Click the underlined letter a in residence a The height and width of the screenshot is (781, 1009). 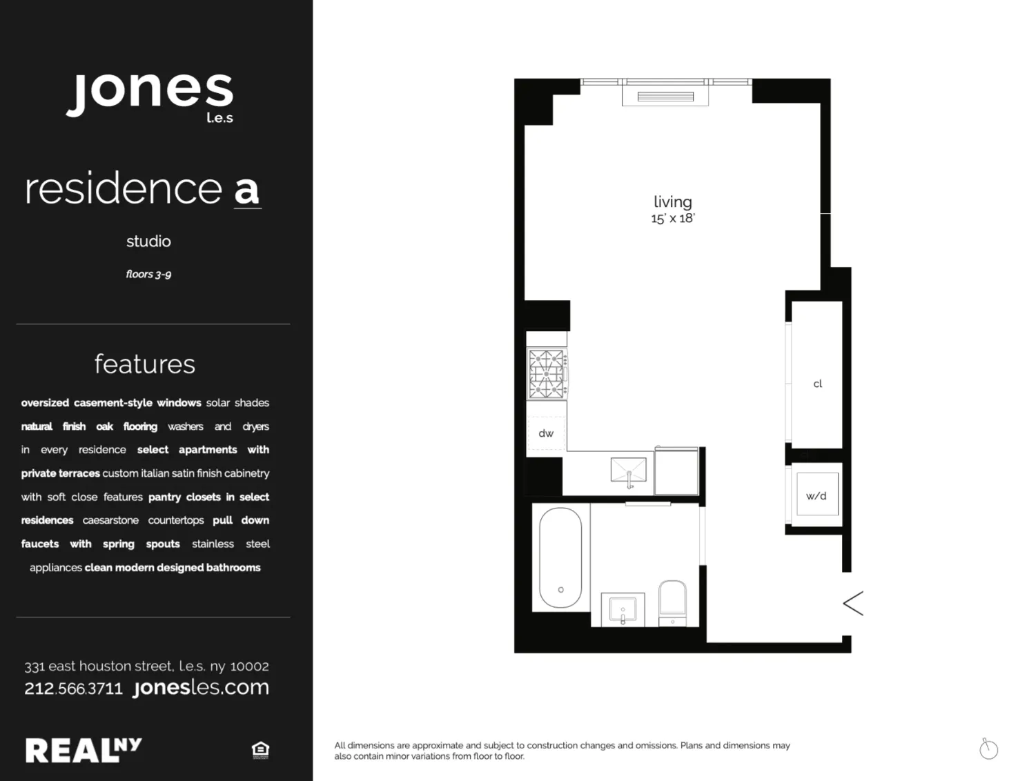click(x=247, y=190)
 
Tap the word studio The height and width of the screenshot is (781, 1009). click(x=148, y=241)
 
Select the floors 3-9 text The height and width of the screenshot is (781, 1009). click(x=148, y=274)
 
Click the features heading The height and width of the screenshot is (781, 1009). click(x=145, y=364)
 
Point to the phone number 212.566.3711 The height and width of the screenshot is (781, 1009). click(x=73, y=689)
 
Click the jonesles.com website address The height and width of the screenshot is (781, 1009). click(x=201, y=687)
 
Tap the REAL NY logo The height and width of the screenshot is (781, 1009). click(x=84, y=750)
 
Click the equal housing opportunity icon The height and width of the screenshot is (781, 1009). click(x=260, y=750)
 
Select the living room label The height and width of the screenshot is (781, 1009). click(x=672, y=201)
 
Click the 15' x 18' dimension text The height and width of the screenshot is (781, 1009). click(x=672, y=219)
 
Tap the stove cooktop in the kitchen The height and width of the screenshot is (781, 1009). click(x=547, y=374)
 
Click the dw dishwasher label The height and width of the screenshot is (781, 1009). click(x=546, y=433)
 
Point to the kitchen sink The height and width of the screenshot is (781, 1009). click(x=629, y=471)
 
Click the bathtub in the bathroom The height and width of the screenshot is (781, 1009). click(x=560, y=557)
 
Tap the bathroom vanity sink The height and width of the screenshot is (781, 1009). click(x=623, y=609)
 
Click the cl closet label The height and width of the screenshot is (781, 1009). click(x=818, y=384)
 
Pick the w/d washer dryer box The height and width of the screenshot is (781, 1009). click(x=816, y=495)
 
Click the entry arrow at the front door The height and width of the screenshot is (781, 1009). click(x=853, y=603)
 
